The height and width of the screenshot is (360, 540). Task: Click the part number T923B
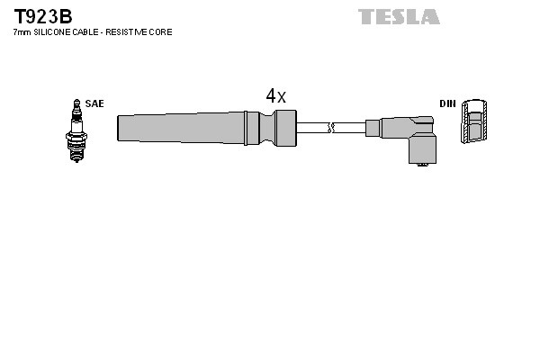tap(42, 16)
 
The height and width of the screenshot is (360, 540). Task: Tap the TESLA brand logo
tap(399, 16)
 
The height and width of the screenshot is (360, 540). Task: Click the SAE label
tap(94, 103)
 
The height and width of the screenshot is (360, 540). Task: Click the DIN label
tap(447, 103)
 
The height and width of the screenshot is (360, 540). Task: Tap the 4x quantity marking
tap(275, 96)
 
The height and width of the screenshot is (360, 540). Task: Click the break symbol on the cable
tap(332, 127)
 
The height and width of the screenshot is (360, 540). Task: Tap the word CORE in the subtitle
tap(160, 32)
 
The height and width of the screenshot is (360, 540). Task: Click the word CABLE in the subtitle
tap(85, 32)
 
